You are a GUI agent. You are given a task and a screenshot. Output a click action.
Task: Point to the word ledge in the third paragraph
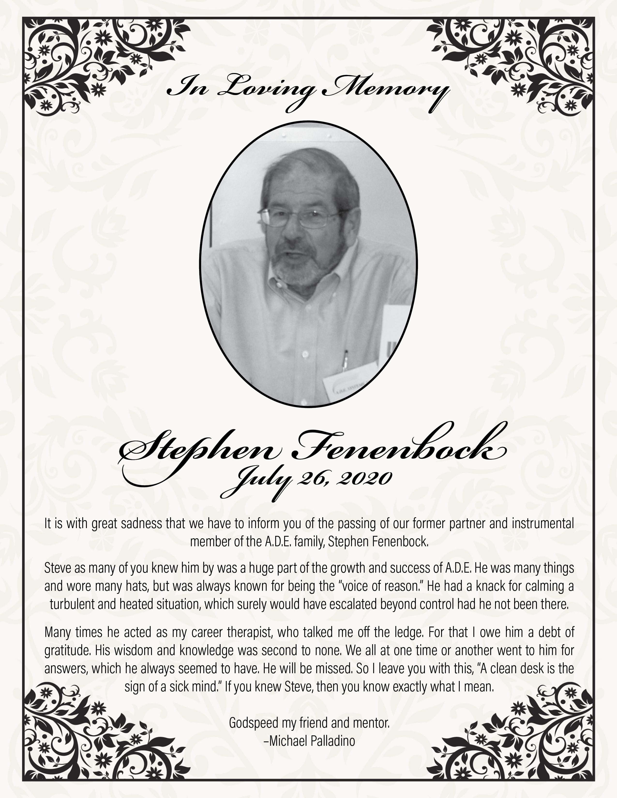(406, 633)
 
